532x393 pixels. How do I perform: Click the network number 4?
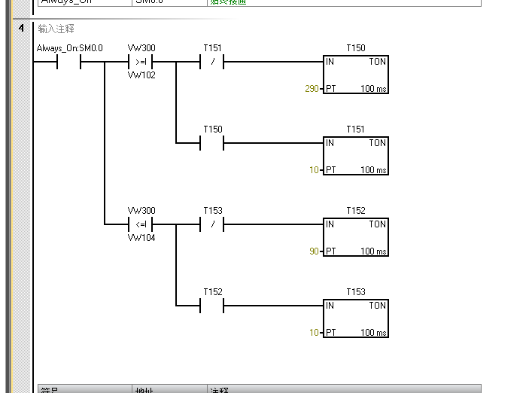pos(21,29)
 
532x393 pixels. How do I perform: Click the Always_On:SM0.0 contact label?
pos(69,48)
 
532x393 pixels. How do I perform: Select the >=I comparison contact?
pos(141,62)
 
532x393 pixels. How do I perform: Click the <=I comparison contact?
pos(141,224)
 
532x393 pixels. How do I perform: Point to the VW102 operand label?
pos(141,75)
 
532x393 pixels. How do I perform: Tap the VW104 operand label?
pos(141,237)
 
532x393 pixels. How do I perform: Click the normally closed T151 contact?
pos(212,62)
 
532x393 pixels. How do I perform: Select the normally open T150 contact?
pos(212,143)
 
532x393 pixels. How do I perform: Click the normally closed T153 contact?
pos(212,224)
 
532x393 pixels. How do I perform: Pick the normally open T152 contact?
pos(212,306)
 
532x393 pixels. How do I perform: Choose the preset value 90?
pos(315,251)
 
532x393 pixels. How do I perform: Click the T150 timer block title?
pos(356,48)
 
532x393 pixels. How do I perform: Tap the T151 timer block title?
pos(356,129)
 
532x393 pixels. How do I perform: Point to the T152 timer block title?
pos(356,211)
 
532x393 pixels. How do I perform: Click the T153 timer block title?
pos(356,292)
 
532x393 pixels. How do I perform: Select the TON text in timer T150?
pos(377,62)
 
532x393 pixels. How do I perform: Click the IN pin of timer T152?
pos(330,224)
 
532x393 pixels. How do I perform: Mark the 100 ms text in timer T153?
pos(373,333)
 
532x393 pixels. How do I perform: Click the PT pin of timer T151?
pos(330,170)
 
